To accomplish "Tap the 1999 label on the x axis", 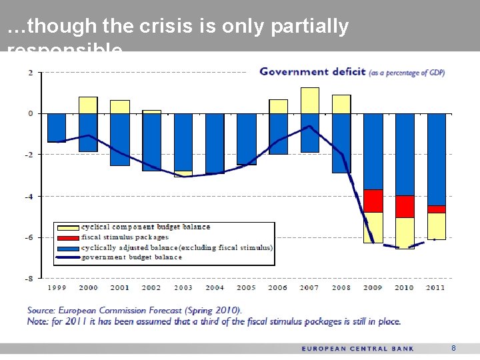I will pos(56,288).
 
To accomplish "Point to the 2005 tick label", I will pos(246,288).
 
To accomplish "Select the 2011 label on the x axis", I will pos(435,288).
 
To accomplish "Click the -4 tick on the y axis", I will pos(29,196).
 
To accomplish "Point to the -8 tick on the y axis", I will pos(29,278).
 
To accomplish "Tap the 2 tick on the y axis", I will pos(31,73).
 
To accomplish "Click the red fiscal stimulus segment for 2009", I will pos(373,201).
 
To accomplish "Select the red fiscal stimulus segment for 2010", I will pos(405,206).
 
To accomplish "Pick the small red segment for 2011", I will pos(436,209).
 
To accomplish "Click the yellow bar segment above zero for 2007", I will pos(309,100).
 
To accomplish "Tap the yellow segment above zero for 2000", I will pos(88,105).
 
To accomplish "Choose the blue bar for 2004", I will pos(215,143).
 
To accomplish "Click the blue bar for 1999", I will pos(57,127).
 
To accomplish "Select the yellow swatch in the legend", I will pos(67,227).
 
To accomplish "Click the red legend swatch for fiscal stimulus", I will pos(67,237).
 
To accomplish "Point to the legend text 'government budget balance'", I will pos(131,257).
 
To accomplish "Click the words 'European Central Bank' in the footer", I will pos(358,348).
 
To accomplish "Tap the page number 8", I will pos(453,348).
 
